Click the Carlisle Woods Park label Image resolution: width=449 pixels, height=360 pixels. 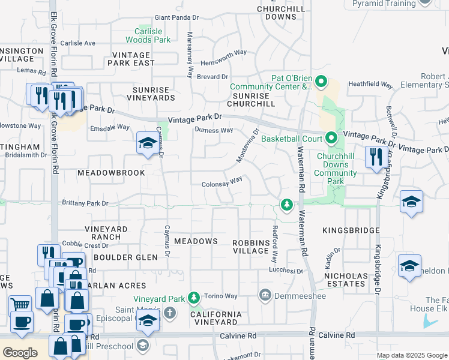pos(148,35)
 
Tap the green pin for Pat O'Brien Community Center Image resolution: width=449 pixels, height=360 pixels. pos(321,80)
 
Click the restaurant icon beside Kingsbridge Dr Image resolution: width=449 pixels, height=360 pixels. pos(376,158)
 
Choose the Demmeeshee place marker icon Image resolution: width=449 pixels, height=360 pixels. pos(265,295)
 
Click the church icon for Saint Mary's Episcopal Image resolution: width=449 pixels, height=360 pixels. pos(170,312)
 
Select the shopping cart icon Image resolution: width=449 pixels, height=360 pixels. pos(20,304)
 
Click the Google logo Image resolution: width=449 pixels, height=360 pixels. pos(20,352)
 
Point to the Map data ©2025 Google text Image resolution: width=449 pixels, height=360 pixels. pos(411,355)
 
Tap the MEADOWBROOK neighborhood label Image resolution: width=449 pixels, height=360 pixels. pos(111,173)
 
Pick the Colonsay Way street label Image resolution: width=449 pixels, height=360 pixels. pos(221,179)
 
